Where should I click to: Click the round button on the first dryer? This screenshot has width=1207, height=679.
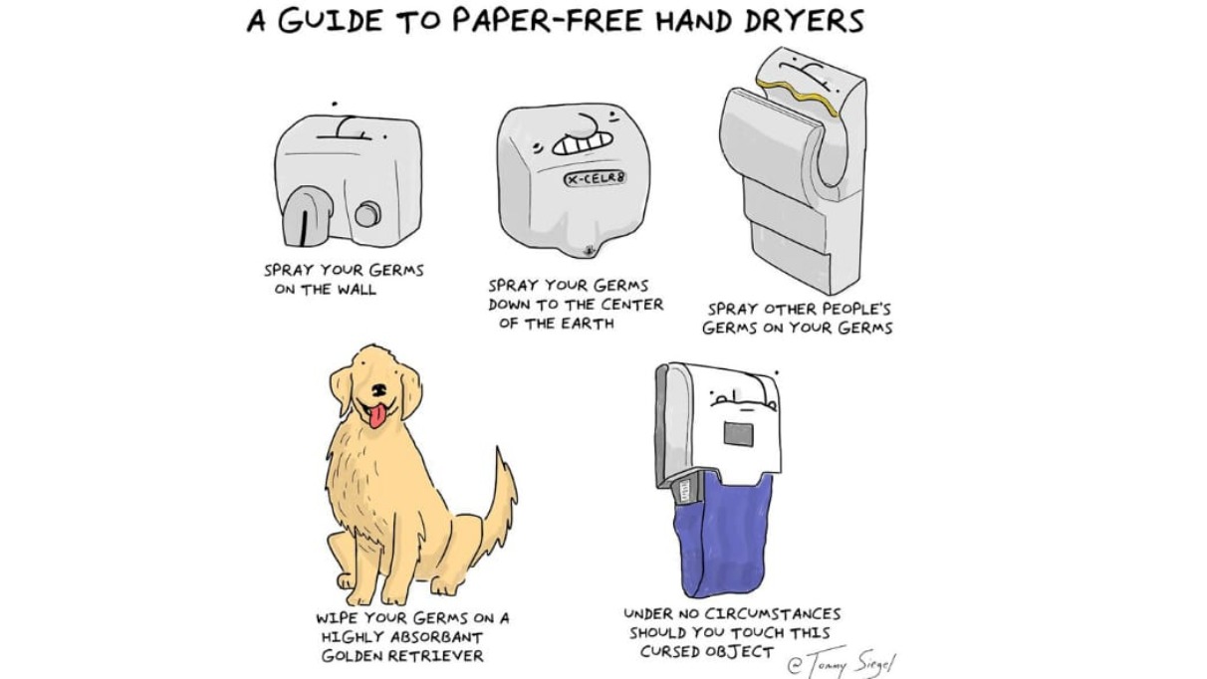(367, 214)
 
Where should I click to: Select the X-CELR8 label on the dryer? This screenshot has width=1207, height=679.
(595, 178)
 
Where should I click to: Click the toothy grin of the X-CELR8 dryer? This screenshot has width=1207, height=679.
(582, 143)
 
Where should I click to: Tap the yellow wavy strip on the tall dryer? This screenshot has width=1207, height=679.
(798, 97)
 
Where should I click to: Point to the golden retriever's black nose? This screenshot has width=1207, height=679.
(378, 388)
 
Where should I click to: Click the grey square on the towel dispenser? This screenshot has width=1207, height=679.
(738, 434)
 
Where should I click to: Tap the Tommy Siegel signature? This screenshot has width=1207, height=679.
(842, 661)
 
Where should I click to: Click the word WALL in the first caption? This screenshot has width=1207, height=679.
(357, 290)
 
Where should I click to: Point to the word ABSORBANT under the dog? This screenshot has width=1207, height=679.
(436, 637)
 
